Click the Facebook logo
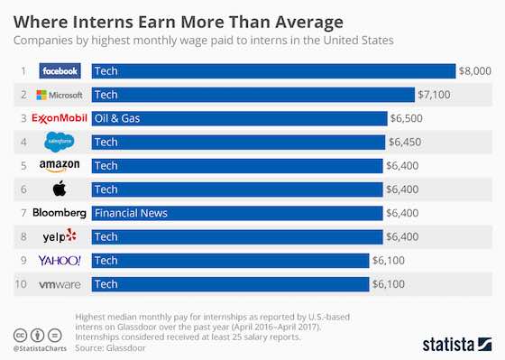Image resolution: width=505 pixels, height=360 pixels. click(x=60, y=70)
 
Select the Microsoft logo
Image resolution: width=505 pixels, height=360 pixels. click(x=60, y=95)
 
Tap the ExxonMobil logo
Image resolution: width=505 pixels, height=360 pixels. click(x=60, y=118)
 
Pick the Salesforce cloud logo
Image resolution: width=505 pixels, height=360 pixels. click(x=60, y=142)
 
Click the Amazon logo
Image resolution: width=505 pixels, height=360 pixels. click(x=60, y=166)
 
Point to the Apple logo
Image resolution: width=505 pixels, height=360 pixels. click(x=60, y=189)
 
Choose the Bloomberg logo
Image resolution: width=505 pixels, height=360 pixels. click(x=60, y=213)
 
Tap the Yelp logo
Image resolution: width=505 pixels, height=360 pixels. click(x=60, y=236)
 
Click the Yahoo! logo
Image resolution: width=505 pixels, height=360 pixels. click(x=60, y=261)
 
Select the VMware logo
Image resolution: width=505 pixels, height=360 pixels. click(x=60, y=284)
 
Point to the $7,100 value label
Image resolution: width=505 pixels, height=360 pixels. click(x=435, y=95)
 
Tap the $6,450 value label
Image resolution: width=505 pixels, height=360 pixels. click(x=403, y=143)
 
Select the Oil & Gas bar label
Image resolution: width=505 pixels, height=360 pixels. click(x=117, y=118)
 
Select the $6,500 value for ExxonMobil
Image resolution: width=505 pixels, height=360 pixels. click(x=405, y=118)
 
